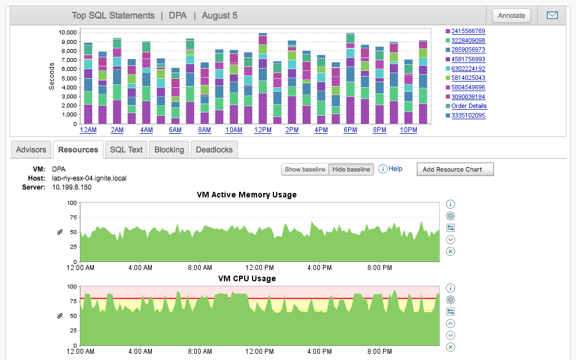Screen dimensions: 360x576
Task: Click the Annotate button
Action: [511, 16]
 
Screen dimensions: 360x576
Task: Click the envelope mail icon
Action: [552, 16]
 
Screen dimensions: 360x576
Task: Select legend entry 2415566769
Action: [468, 31]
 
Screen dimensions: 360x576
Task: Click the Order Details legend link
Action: [469, 106]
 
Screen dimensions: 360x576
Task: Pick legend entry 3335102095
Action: [468, 116]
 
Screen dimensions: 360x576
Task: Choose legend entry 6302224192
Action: [468, 69]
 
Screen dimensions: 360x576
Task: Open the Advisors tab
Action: [31, 150]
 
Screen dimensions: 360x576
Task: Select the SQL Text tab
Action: [127, 150]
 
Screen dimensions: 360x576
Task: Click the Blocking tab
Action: [169, 150]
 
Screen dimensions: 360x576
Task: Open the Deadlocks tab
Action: [214, 150]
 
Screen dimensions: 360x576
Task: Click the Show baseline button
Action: [305, 169]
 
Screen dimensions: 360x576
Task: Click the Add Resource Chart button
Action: [455, 169]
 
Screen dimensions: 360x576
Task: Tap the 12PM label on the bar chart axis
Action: [263, 130]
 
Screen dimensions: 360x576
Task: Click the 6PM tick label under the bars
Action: [350, 130]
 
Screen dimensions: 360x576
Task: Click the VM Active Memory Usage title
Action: [246, 195]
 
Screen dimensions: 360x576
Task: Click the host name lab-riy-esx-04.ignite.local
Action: [89, 178]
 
